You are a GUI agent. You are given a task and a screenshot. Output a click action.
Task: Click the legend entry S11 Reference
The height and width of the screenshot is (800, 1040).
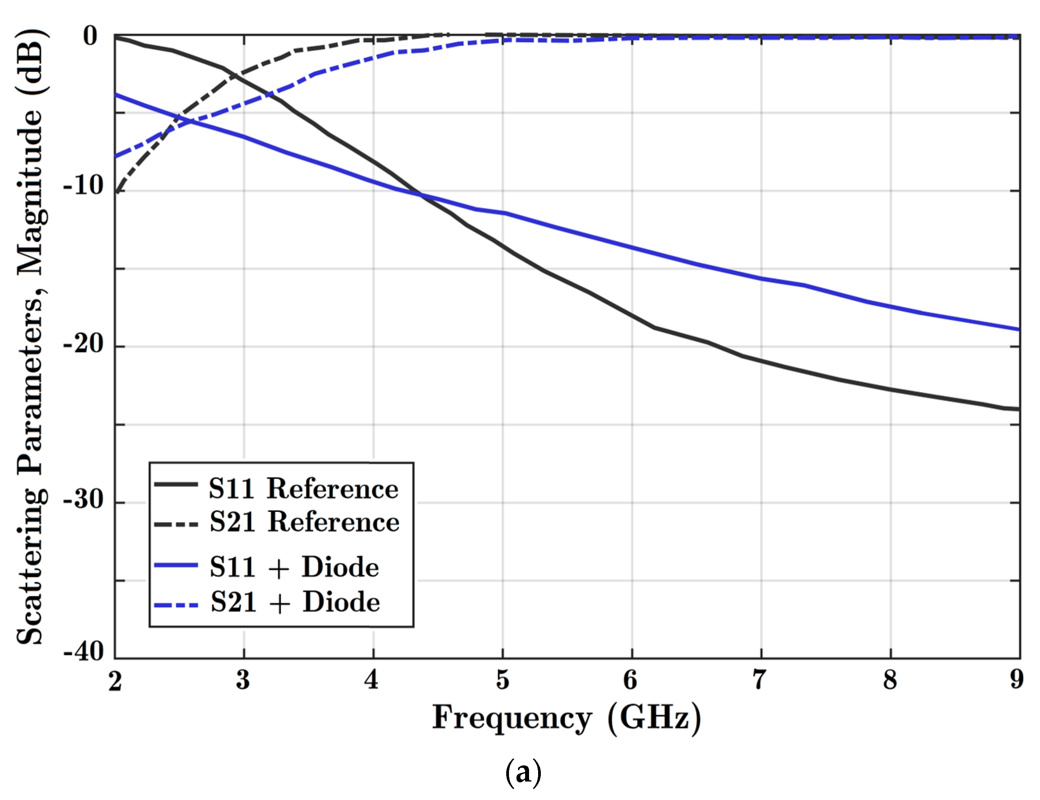[303, 488]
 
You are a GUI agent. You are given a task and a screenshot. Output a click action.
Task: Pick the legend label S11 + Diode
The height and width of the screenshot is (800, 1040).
[294, 567]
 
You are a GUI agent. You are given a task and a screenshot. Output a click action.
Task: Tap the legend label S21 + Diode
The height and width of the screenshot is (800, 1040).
[295, 602]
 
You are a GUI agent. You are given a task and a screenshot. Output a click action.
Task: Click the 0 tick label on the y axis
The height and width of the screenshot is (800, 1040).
[90, 36]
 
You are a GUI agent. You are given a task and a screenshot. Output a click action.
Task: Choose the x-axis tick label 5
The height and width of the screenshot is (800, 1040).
[503, 680]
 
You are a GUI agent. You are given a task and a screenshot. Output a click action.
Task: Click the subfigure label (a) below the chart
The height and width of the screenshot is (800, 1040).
[523, 773]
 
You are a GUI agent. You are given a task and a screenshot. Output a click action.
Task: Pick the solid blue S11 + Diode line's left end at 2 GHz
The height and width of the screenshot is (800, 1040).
[116, 94]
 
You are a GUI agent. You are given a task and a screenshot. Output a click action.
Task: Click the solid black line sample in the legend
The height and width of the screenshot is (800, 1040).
[176, 484]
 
